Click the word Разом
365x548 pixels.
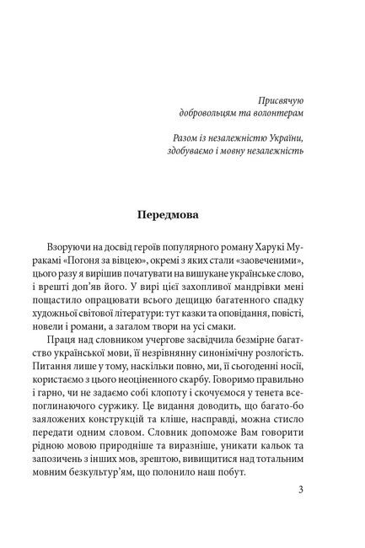(x=174, y=137)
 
